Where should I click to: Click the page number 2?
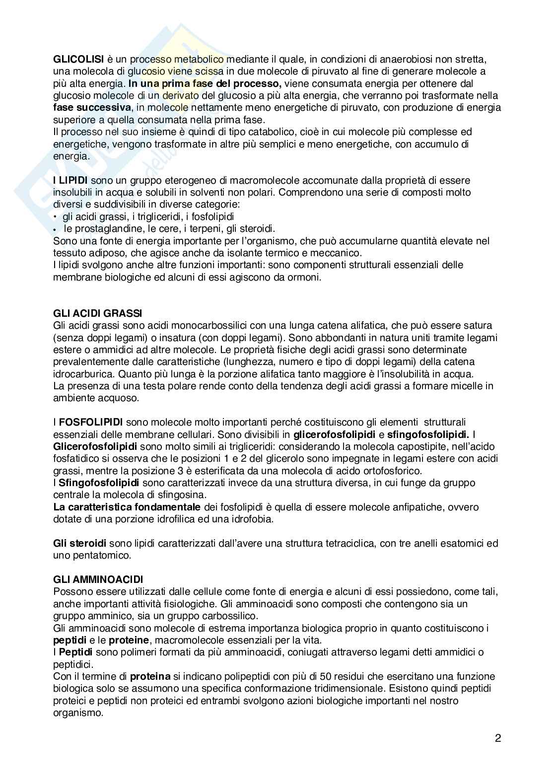(498, 737)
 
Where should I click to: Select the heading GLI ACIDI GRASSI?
(97, 313)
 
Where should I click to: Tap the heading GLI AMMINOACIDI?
(98, 579)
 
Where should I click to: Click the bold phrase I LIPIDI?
(71, 180)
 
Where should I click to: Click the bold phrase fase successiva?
(92, 108)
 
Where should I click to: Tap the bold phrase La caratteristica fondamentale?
(127, 507)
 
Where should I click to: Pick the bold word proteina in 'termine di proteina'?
(150, 676)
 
